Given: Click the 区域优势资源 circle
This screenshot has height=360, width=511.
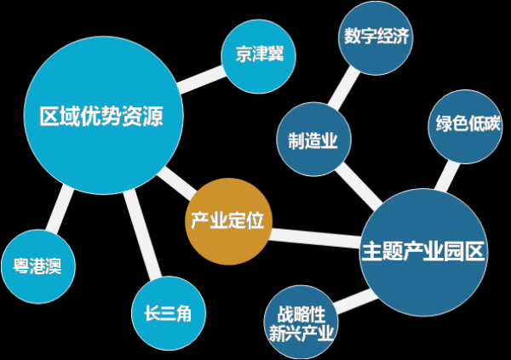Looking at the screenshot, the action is [x=104, y=116].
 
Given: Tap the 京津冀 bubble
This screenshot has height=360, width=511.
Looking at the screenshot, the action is [x=258, y=56].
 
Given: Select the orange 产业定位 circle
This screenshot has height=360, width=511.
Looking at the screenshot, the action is [x=228, y=221].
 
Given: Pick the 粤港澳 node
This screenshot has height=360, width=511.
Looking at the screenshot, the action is [x=38, y=266].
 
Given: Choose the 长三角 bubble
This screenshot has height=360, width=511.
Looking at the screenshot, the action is [x=169, y=313].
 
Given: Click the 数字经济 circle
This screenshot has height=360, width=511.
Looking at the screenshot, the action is [x=376, y=37].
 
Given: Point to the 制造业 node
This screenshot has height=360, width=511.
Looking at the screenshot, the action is [x=313, y=139].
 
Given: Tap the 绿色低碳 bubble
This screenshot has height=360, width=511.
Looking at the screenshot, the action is [x=465, y=127].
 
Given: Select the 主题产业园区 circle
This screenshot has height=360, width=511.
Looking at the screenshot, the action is [x=424, y=253].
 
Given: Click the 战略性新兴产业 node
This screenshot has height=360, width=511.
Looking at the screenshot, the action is [x=301, y=323].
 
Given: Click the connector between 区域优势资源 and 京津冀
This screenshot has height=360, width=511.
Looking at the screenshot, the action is [x=201, y=80].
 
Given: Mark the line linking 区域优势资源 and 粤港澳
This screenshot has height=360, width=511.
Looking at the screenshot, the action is [x=60, y=209].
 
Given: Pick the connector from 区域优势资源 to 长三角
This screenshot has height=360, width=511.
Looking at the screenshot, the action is [x=143, y=235].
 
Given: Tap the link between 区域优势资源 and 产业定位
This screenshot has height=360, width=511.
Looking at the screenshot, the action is [x=177, y=184].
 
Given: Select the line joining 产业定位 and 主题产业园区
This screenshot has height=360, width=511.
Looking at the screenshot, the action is [x=315, y=238].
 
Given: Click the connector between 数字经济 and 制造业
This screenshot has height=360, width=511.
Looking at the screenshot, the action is [x=344, y=89].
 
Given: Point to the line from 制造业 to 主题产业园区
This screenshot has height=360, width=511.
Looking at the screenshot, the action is [x=359, y=186].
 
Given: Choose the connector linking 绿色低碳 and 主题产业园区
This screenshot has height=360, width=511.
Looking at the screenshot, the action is [x=447, y=176].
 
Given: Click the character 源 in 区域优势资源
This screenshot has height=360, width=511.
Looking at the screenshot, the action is [x=152, y=116].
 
